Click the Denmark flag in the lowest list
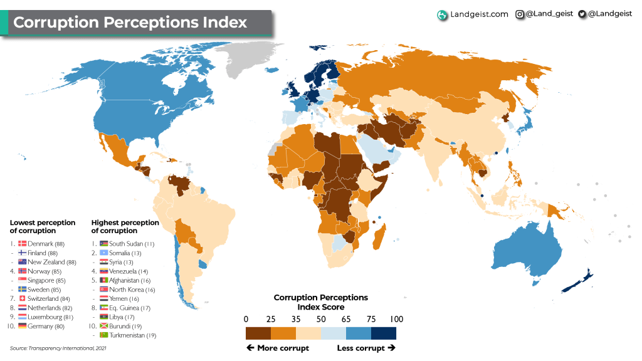(23, 243)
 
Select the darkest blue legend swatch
(383, 333)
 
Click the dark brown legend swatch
(258, 333)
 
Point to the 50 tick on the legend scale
(320, 319)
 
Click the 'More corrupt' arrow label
(278, 348)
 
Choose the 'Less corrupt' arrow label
(366, 348)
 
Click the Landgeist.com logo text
(479, 14)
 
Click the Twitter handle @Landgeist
(609, 14)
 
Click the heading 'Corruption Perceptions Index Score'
(320, 302)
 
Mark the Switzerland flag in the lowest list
(23, 298)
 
